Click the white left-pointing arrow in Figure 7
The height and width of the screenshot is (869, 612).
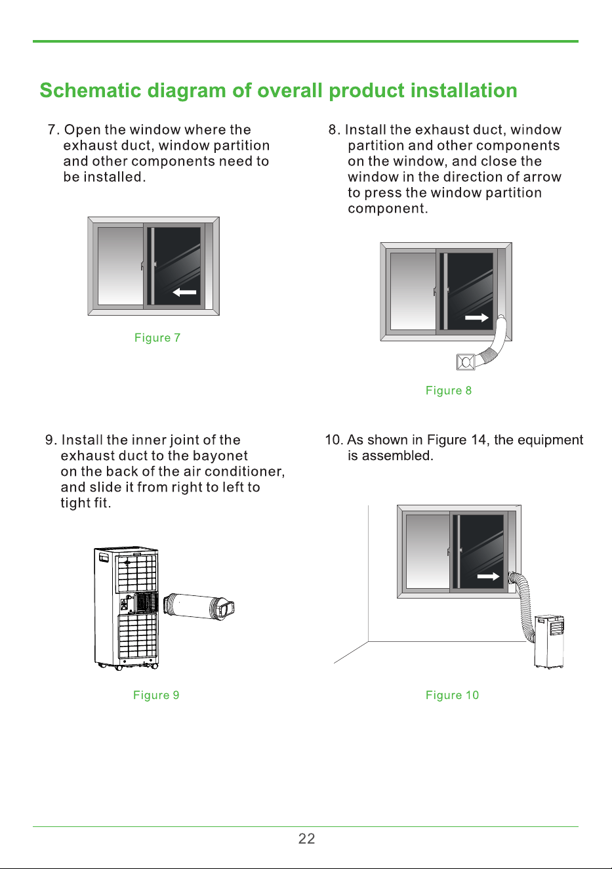[184, 292]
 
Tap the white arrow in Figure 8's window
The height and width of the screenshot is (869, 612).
[477, 318]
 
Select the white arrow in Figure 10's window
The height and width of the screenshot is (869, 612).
[488, 576]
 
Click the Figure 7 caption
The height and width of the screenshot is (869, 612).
[157, 337]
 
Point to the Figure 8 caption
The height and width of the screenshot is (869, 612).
[448, 391]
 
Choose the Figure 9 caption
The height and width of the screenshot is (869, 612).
[156, 695]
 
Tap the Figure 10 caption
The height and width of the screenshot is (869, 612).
[452, 695]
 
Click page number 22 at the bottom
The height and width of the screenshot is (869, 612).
[306, 839]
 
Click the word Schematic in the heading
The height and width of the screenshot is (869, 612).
[91, 91]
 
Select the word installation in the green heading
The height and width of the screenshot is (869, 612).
[464, 91]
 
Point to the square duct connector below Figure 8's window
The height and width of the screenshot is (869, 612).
[466, 362]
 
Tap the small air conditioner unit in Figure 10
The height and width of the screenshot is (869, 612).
[549, 641]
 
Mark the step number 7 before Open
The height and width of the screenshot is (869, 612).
[53, 129]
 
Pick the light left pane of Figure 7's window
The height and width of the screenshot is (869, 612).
[120, 266]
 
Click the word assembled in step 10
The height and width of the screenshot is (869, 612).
[397, 456]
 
